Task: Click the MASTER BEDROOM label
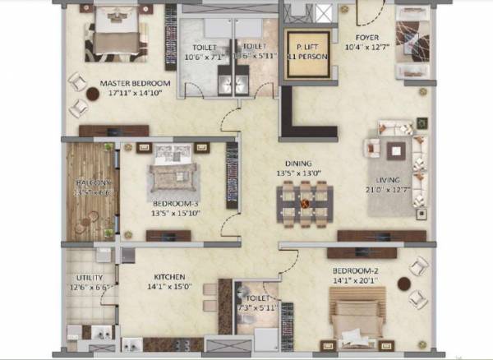(x=135, y=84)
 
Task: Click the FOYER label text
(x=366, y=38)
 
